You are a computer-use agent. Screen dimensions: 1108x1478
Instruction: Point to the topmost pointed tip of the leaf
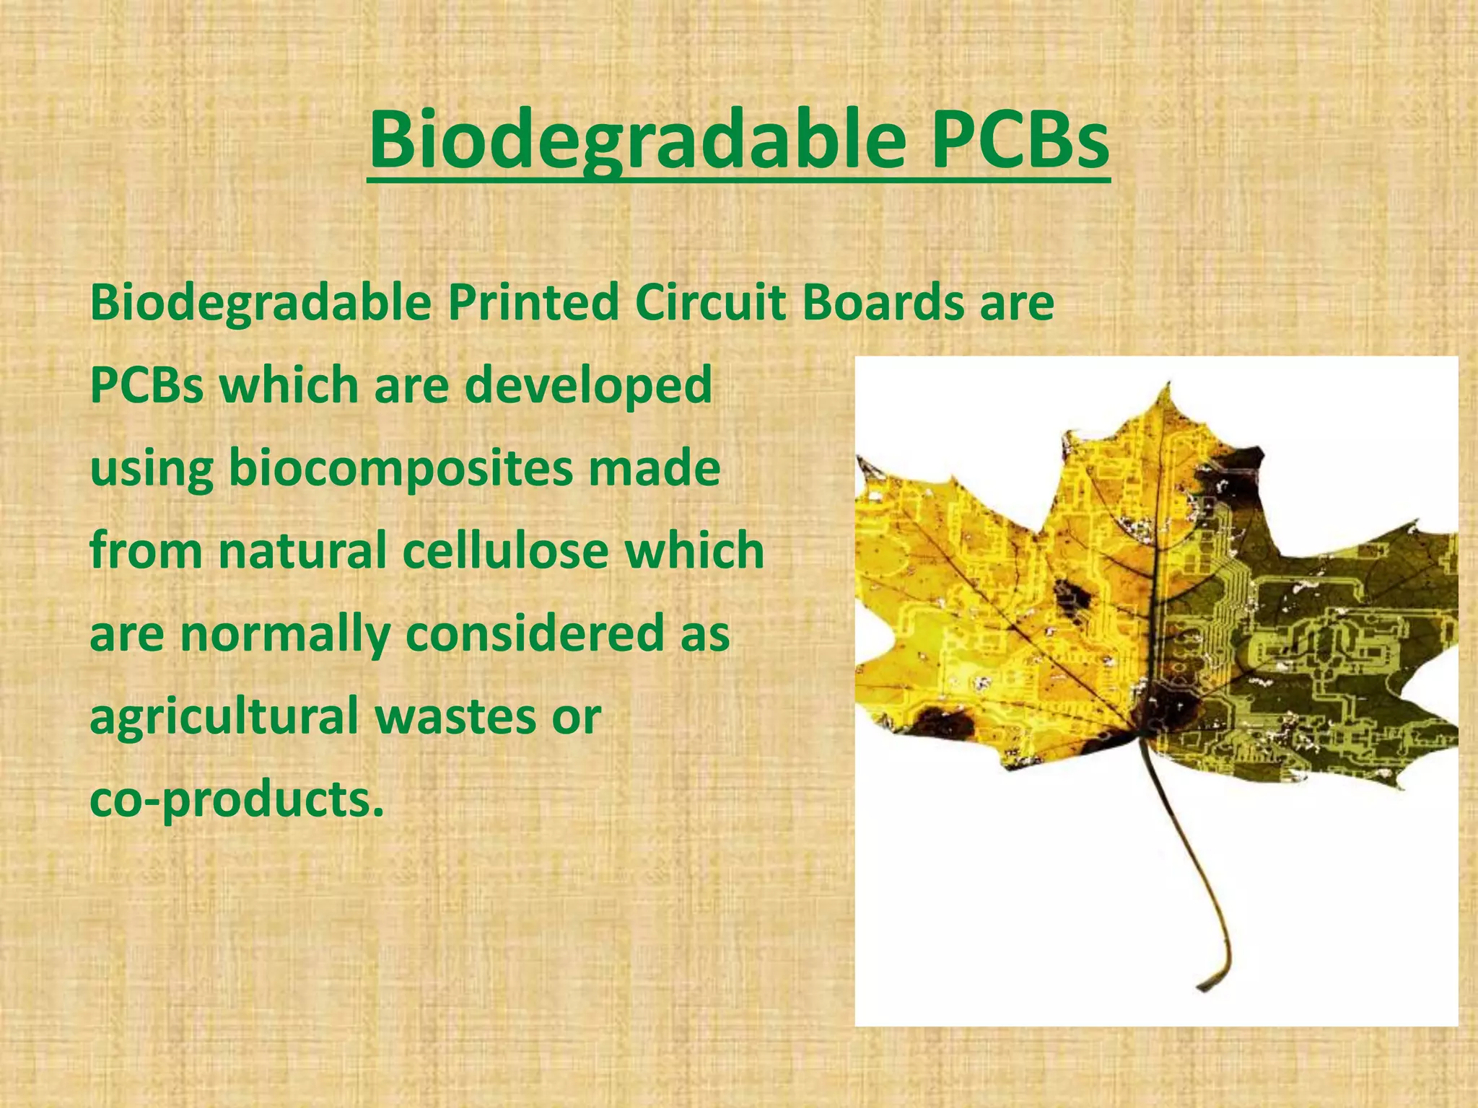[x=1163, y=384]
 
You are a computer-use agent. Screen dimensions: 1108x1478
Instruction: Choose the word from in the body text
[x=147, y=550]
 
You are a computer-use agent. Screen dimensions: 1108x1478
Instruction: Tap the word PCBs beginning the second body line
[x=147, y=385]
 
